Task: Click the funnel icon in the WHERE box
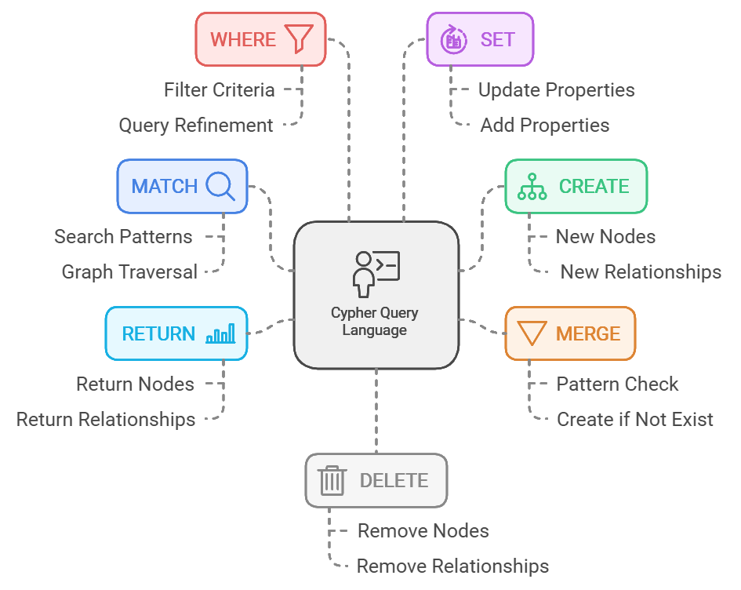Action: click(x=299, y=38)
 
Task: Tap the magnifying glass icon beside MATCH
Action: click(x=220, y=186)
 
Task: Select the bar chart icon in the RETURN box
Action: click(x=220, y=333)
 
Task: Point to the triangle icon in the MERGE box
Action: click(x=532, y=333)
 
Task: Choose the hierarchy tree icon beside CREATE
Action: click(x=532, y=186)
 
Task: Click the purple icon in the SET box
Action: click(x=453, y=38)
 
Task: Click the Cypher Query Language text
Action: click(x=375, y=321)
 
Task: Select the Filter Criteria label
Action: click(x=220, y=90)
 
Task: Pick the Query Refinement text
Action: click(x=196, y=126)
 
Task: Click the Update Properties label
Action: click(x=557, y=90)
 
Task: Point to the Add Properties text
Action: click(x=545, y=126)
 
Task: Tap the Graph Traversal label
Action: click(x=129, y=272)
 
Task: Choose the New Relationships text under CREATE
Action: click(x=641, y=272)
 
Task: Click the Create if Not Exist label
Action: click(x=635, y=420)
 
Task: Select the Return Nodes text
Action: click(x=135, y=384)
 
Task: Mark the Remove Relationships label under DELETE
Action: click(x=452, y=566)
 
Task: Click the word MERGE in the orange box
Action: click(x=588, y=333)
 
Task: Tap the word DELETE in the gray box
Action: click(x=394, y=480)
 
